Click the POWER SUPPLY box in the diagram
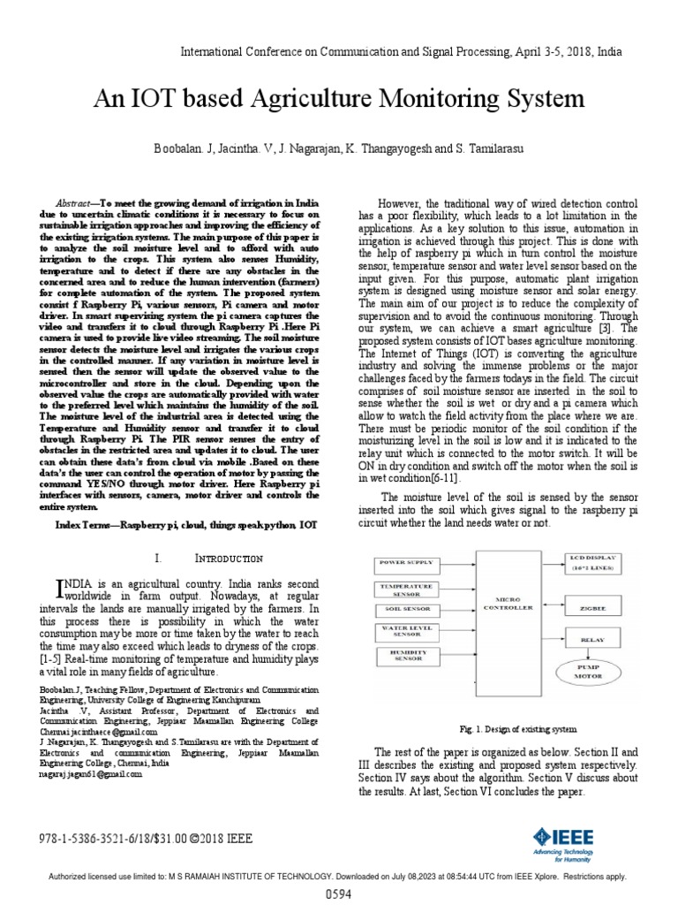(411, 562)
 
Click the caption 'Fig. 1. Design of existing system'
(518, 730)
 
